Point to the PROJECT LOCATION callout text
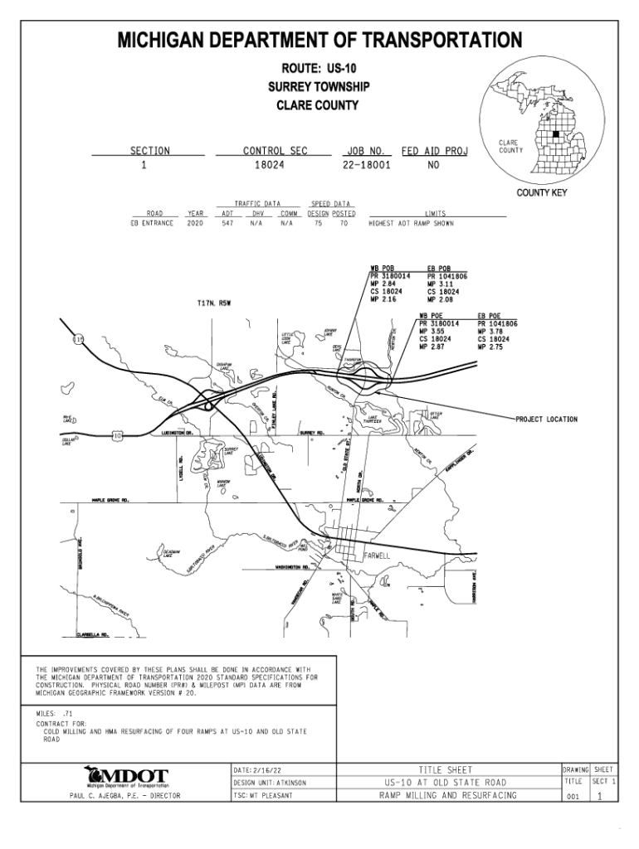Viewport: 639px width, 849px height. (x=546, y=420)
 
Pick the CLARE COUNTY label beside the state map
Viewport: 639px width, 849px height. (x=510, y=147)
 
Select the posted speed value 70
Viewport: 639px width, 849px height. (x=343, y=223)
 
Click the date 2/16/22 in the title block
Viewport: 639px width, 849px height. (x=266, y=770)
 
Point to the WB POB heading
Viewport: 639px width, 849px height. (x=383, y=269)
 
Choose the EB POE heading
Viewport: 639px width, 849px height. (x=489, y=316)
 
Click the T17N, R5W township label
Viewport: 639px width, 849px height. (x=213, y=303)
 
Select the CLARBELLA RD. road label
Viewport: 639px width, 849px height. (x=93, y=636)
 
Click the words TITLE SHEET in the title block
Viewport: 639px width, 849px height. (x=447, y=769)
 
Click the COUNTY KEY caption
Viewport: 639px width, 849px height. (x=542, y=193)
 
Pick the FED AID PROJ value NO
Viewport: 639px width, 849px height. (x=433, y=165)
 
